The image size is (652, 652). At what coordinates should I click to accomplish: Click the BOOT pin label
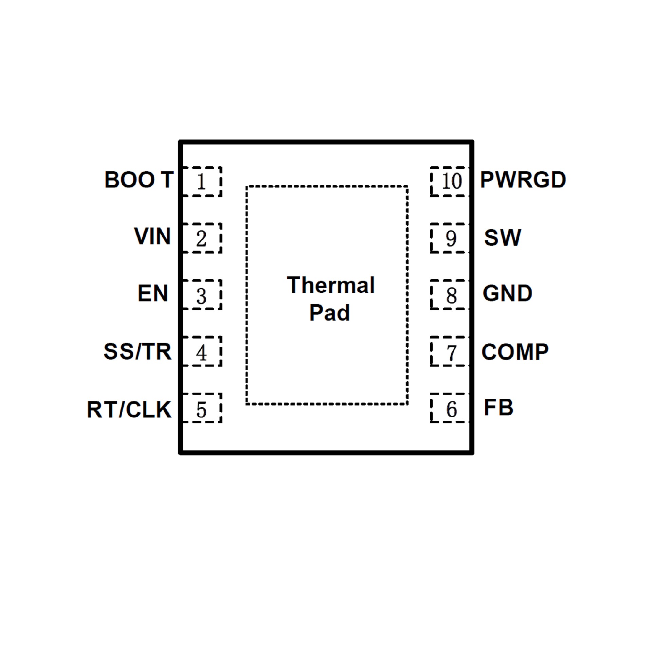click(139, 180)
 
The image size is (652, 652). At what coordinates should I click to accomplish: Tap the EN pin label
click(153, 293)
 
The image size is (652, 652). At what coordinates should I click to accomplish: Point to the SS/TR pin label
click(138, 351)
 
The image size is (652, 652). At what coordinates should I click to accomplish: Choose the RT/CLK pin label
click(129, 409)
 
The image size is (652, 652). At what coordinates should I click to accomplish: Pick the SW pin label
click(502, 238)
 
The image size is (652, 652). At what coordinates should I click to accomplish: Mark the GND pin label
click(507, 293)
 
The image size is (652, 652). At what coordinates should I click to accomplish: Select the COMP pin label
click(515, 352)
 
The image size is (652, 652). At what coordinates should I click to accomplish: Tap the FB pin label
click(498, 408)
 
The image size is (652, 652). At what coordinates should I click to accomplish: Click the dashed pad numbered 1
click(202, 182)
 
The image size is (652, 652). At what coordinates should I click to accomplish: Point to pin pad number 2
click(202, 238)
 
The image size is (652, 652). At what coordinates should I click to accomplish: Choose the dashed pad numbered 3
click(202, 295)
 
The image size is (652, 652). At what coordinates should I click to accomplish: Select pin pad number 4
click(202, 351)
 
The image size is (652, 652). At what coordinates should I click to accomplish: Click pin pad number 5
click(202, 408)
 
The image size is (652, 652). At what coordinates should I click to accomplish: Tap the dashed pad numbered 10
click(450, 182)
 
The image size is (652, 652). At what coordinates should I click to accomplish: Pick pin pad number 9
click(450, 238)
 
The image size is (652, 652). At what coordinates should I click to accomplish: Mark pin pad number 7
click(450, 351)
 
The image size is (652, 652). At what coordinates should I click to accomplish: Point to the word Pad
click(329, 312)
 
